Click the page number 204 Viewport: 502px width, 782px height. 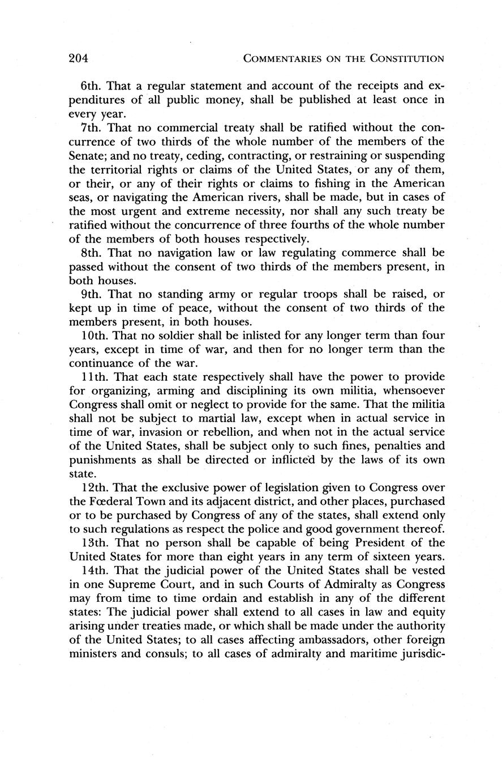tap(80, 58)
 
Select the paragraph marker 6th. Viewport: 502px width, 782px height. tap(91, 86)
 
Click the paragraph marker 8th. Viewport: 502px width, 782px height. tap(91, 252)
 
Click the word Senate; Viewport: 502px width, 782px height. tap(89, 155)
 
